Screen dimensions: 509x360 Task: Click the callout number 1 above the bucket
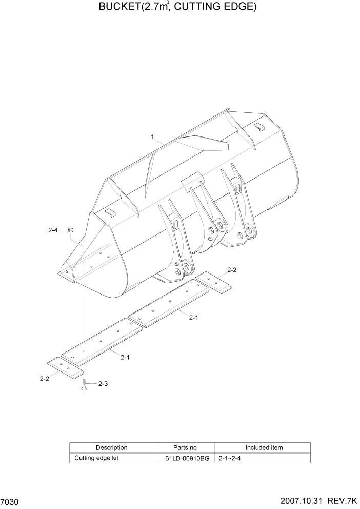pos(153,136)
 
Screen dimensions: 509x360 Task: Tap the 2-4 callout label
pos(53,231)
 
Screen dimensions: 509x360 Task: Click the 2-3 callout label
pos(103,383)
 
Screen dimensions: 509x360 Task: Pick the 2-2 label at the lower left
pos(44,379)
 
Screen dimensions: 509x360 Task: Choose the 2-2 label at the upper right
pos(231,270)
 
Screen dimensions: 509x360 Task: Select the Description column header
pos(111,447)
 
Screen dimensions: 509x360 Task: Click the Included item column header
pos(264,447)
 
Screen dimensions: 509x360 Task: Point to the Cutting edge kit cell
pos(96,458)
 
